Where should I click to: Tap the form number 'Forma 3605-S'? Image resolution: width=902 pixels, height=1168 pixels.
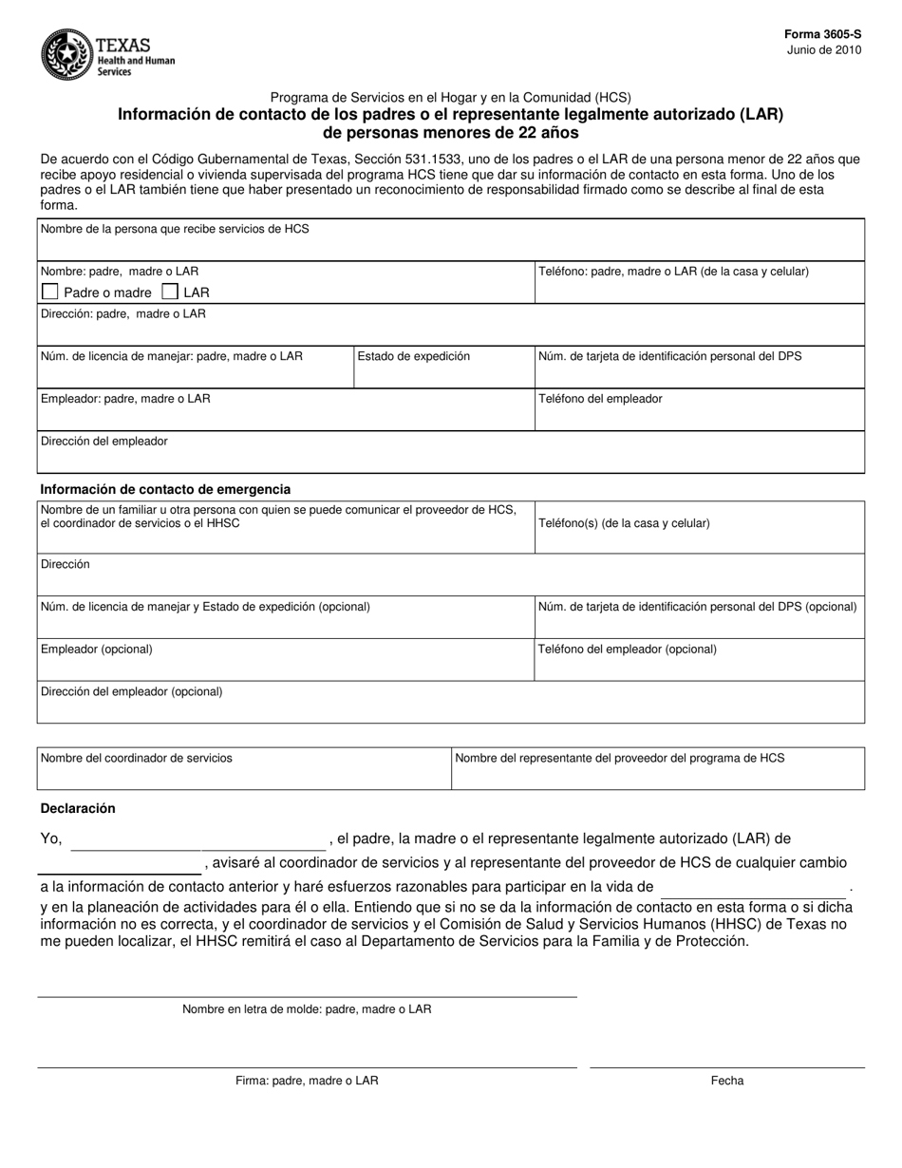[x=822, y=34]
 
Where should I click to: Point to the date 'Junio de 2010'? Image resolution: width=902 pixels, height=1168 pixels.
[x=824, y=50]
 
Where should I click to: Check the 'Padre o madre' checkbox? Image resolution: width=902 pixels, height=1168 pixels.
[x=51, y=292]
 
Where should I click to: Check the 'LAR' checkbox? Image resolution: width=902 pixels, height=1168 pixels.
[x=171, y=292]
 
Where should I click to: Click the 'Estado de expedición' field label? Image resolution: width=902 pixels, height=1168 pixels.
[x=414, y=356]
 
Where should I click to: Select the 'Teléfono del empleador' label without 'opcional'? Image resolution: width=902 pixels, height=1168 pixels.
[x=600, y=399]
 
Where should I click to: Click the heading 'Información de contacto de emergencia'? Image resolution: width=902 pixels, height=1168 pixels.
[x=165, y=489]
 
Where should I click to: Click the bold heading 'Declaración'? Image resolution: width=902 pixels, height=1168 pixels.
[x=78, y=808]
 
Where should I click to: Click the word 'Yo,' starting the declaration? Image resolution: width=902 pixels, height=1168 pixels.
[x=51, y=838]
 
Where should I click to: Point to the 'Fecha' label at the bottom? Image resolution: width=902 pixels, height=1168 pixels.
[x=727, y=1081]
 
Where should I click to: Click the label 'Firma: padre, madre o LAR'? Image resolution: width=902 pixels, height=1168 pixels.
[x=307, y=1081]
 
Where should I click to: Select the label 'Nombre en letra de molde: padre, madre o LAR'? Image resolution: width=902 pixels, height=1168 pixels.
[x=307, y=1009]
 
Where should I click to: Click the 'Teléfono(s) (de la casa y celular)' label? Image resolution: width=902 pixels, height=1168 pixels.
[x=624, y=523]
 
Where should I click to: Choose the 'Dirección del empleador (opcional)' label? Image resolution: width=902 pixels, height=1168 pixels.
[x=132, y=691]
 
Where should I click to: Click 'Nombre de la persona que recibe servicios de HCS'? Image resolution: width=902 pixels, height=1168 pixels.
[x=175, y=229]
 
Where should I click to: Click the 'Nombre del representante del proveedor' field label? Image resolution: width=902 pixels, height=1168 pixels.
[x=620, y=758]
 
